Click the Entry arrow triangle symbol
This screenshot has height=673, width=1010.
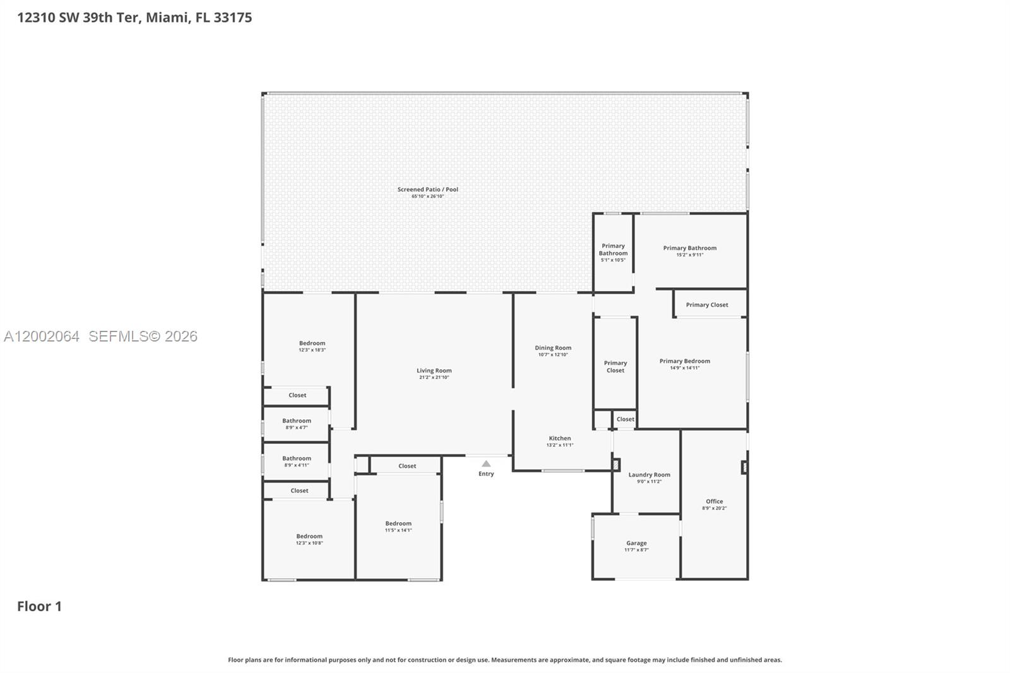click(486, 463)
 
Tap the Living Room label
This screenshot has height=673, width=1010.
click(434, 371)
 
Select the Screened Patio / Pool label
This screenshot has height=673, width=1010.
click(427, 189)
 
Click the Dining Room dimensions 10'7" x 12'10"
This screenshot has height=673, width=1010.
click(553, 355)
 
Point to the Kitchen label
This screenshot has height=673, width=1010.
click(559, 438)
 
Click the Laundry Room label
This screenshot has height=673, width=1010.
click(649, 475)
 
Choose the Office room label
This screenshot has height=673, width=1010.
click(714, 501)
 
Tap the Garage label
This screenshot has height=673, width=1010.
click(636, 543)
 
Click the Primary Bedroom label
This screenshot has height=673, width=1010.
click(684, 361)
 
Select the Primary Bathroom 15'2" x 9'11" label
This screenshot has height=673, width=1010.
click(689, 248)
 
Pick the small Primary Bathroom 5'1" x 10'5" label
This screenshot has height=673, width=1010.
click(613, 250)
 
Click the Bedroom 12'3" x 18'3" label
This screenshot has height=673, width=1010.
click(312, 343)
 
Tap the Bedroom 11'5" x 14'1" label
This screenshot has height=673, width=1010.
click(398, 523)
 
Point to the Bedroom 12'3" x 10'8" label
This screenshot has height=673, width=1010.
click(309, 536)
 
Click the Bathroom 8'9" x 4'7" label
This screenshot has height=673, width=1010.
click(297, 421)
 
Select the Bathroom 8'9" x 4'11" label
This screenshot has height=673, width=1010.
click(297, 459)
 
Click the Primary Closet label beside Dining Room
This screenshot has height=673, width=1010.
click(615, 367)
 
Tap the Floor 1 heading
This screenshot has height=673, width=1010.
click(39, 606)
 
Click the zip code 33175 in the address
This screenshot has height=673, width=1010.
click(232, 18)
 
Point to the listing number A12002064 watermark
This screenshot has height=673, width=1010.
click(42, 336)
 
